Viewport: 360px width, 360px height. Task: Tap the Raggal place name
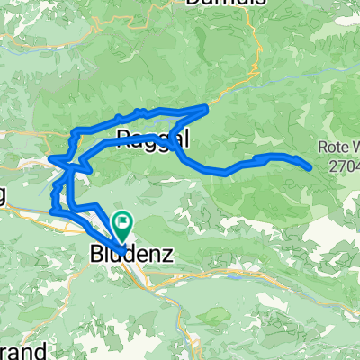153,138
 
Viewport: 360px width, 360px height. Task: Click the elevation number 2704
344,166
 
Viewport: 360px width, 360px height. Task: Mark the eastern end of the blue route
310,167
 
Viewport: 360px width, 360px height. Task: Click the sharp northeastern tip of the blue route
208,107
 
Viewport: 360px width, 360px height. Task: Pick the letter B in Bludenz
97,256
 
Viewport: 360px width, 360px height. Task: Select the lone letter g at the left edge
4,195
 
